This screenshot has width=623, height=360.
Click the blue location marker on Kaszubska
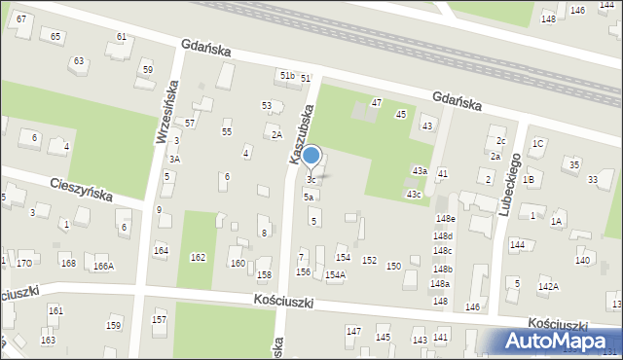point(311,156)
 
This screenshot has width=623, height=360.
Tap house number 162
point(198,258)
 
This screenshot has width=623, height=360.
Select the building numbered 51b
point(287,75)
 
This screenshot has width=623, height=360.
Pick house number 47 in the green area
point(377,102)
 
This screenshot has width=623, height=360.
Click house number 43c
point(414,195)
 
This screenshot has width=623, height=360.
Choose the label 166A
point(103,266)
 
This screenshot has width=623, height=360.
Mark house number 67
point(21,19)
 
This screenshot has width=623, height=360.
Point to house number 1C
point(537,144)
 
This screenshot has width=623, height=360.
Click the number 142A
point(548,286)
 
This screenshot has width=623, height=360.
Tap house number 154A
point(335,275)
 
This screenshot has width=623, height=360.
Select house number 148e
point(445,219)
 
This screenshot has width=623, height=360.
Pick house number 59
point(147,70)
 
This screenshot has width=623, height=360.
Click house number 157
point(159,320)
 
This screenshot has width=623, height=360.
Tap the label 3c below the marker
point(311,180)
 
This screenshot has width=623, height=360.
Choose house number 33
point(593,179)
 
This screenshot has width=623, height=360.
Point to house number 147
point(353,332)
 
